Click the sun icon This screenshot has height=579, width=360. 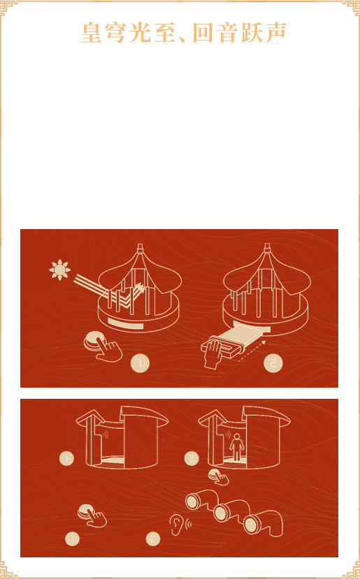click(x=59, y=270)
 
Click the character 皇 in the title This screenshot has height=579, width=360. click(x=92, y=33)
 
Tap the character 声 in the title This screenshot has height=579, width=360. click(x=276, y=32)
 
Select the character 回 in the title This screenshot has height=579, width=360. click(x=203, y=33)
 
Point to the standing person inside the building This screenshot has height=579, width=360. click(x=236, y=447)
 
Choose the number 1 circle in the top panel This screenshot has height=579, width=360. click(x=140, y=363)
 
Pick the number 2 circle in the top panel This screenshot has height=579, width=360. click(x=273, y=363)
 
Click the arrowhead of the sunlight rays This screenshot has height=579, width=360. click(x=140, y=287)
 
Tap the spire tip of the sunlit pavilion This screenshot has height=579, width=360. click(x=140, y=246)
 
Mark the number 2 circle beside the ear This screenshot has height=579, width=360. click(x=152, y=539)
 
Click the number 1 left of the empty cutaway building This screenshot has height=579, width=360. click(x=66, y=459)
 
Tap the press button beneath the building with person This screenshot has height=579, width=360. click(x=218, y=477)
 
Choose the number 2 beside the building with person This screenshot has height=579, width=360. click(x=192, y=459)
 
